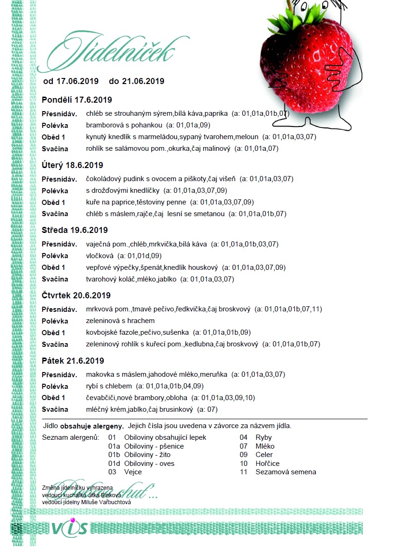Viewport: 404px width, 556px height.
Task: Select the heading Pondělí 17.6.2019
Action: [77, 100]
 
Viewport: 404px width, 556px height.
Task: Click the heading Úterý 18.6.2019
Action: [72, 165]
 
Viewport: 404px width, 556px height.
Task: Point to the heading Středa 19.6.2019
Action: [75, 230]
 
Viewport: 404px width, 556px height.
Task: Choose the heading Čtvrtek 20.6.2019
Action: [76, 296]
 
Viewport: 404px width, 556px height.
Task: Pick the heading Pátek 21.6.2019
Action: [73, 361]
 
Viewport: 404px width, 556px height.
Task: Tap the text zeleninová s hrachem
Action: [120, 321]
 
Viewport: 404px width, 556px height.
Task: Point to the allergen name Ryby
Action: [263, 437]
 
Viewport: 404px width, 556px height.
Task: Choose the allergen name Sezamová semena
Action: [285, 472]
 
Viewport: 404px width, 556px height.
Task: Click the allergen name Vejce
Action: [133, 472]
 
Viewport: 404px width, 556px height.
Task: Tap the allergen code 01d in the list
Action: [114, 463]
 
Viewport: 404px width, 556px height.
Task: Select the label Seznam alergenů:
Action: [71, 437]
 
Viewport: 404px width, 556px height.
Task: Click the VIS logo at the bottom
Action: [69, 528]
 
